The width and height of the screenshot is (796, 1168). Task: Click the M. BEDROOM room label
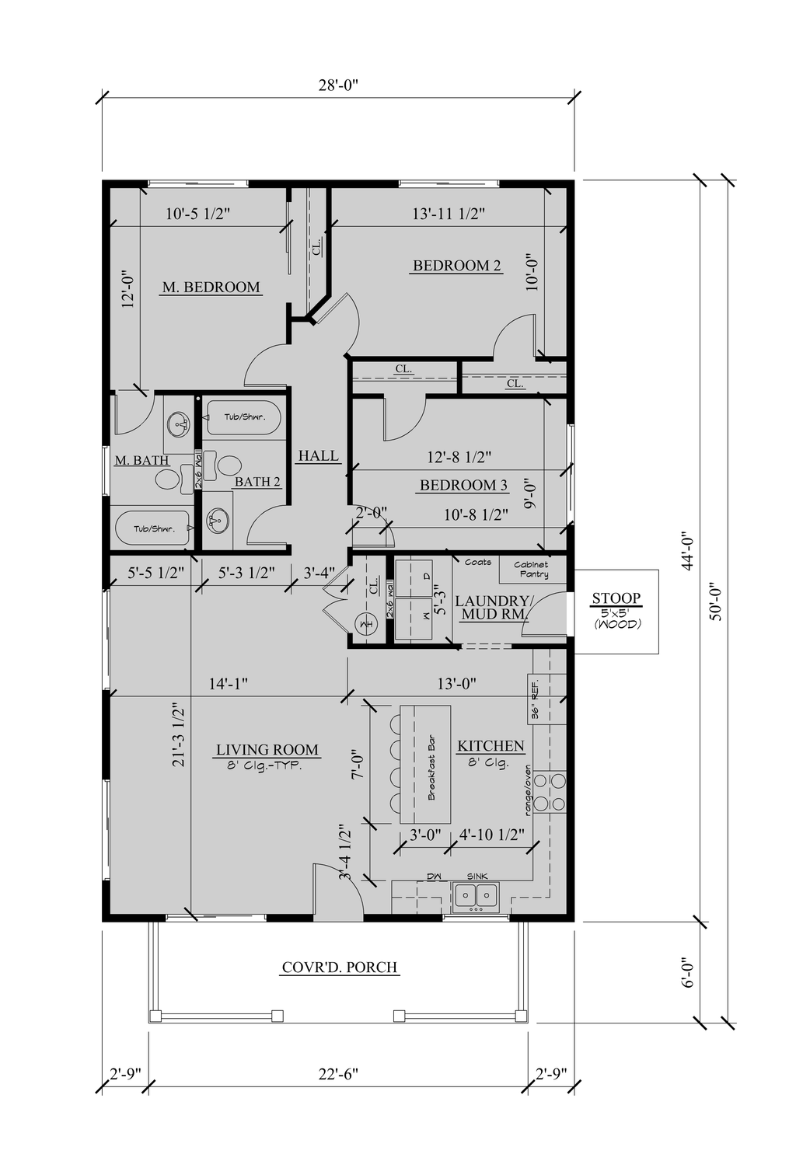[211, 288]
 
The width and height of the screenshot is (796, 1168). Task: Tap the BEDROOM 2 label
[457, 266]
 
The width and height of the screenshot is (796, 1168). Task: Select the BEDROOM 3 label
[463, 486]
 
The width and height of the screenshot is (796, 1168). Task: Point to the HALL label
[318, 455]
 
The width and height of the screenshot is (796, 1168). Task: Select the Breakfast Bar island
[425, 763]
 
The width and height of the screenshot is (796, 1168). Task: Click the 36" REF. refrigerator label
[535, 699]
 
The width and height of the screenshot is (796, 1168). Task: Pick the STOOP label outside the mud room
[616, 598]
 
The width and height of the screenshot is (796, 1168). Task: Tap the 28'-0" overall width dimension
[339, 85]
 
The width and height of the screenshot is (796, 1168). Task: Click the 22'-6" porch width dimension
[339, 1074]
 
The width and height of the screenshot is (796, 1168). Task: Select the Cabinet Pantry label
[531, 570]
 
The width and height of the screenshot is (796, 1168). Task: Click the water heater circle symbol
[365, 623]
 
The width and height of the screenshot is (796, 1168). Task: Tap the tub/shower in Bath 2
[243, 417]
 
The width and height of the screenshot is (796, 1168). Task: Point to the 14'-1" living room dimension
[228, 684]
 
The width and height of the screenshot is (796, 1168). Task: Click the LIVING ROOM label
[267, 750]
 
